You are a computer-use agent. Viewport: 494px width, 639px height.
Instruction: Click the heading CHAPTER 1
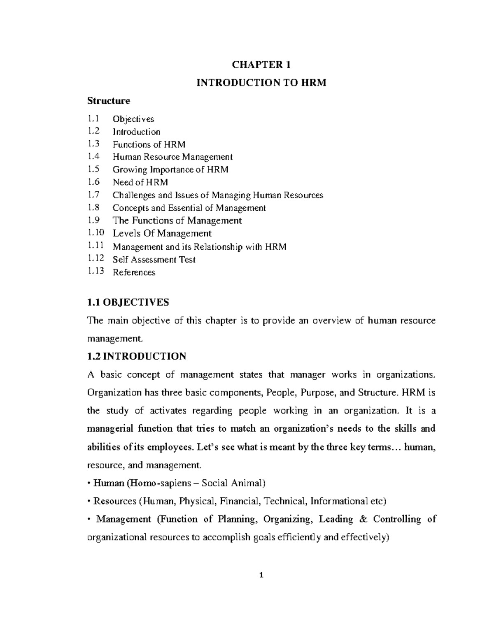(261, 65)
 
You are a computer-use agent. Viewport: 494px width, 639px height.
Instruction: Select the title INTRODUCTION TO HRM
(261, 83)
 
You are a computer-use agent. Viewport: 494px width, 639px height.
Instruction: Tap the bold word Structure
(108, 101)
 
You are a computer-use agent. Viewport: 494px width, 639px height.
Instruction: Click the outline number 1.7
(93, 195)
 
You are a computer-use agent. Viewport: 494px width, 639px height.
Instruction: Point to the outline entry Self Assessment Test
(154, 260)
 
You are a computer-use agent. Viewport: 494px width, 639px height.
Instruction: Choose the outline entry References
(134, 272)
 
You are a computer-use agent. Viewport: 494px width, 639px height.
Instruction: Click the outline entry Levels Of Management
(162, 234)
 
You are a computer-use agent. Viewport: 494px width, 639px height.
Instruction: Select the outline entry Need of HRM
(140, 182)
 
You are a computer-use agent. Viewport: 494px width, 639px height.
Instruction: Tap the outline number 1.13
(96, 272)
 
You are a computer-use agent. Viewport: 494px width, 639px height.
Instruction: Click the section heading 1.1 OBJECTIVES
(128, 302)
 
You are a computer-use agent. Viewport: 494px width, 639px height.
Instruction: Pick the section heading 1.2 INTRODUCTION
(137, 356)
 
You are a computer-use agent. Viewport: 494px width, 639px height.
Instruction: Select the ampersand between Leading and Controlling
(363, 519)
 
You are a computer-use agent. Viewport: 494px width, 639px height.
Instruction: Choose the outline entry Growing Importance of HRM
(170, 170)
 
